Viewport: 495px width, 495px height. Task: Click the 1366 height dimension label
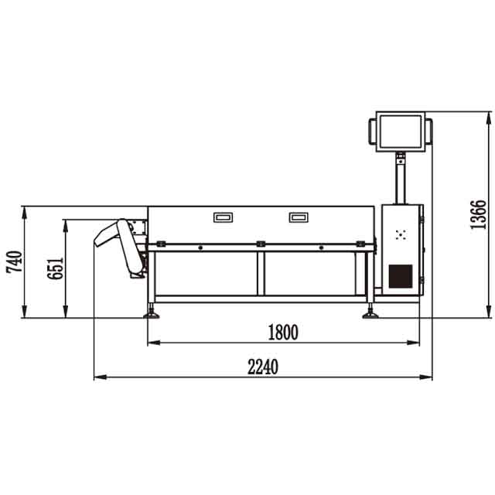pyautogui.click(x=478, y=215)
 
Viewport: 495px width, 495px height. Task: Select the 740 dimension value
pyautogui.click(x=15, y=261)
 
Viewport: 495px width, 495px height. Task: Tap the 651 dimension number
pyautogui.click(x=55, y=268)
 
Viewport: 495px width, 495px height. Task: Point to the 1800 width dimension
pyautogui.click(x=283, y=333)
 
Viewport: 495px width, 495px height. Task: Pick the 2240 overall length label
pyautogui.click(x=263, y=367)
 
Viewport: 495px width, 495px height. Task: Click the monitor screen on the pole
pyautogui.click(x=401, y=131)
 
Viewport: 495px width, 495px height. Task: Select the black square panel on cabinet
pyautogui.click(x=401, y=276)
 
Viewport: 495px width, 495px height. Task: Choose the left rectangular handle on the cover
pyautogui.click(x=224, y=217)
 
